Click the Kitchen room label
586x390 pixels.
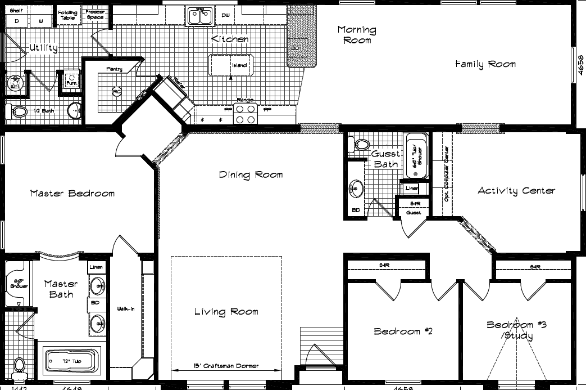tap(229, 39)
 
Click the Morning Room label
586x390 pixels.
tap(357, 35)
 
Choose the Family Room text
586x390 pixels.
tap(485, 64)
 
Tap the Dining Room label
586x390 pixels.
tap(251, 174)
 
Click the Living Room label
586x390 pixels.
tap(226, 312)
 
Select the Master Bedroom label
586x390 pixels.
tap(72, 194)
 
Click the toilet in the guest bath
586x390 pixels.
tap(355, 144)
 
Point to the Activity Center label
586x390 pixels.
tap(516, 191)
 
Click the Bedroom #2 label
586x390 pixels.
tap(403, 331)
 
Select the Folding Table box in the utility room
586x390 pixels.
tap(68, 16)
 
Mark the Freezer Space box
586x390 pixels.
tap(94, 15)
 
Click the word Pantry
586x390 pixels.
tap(114, 69)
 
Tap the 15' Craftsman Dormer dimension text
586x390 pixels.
tap(226, 366)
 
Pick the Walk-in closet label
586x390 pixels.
tap(125, 308)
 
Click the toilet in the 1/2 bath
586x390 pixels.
tap(19, 112)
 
